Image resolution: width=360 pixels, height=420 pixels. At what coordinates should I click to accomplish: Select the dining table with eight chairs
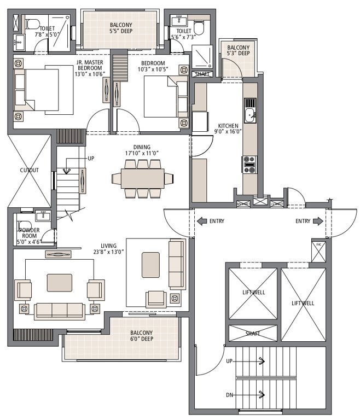coord(142,178)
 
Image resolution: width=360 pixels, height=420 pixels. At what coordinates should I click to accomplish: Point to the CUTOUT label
coord(30,170)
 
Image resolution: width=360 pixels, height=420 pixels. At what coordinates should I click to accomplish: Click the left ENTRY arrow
coord(201,221)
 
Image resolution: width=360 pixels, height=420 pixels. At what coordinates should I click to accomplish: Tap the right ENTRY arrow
coord(317,221)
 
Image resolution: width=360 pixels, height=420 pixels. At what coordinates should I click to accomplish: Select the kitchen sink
coord(249,115)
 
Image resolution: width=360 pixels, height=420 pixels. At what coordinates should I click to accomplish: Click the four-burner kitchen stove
coord(249,164)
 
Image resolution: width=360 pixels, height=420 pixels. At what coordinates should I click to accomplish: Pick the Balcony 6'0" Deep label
coord(141,336)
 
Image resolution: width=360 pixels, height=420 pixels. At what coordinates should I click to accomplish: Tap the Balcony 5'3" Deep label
coord(239,51)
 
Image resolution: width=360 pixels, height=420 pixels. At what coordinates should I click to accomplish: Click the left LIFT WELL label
coord(253,293)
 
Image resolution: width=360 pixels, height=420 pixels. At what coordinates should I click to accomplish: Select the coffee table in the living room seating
coord(59,282)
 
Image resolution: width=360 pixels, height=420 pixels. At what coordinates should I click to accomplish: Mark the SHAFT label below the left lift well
coord(253,334)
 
